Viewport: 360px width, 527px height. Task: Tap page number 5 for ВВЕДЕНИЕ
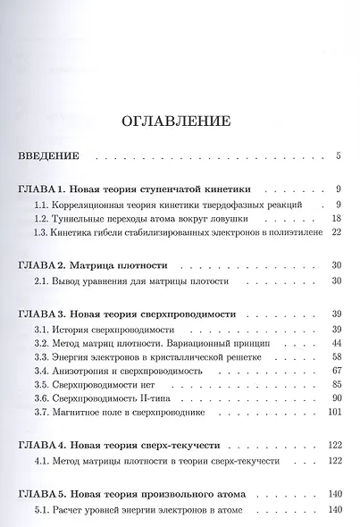339,156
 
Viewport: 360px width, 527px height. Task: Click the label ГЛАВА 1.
49,190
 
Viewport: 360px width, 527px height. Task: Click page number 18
336,219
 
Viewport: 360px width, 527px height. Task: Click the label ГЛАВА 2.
49,266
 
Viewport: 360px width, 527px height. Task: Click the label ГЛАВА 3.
49,315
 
